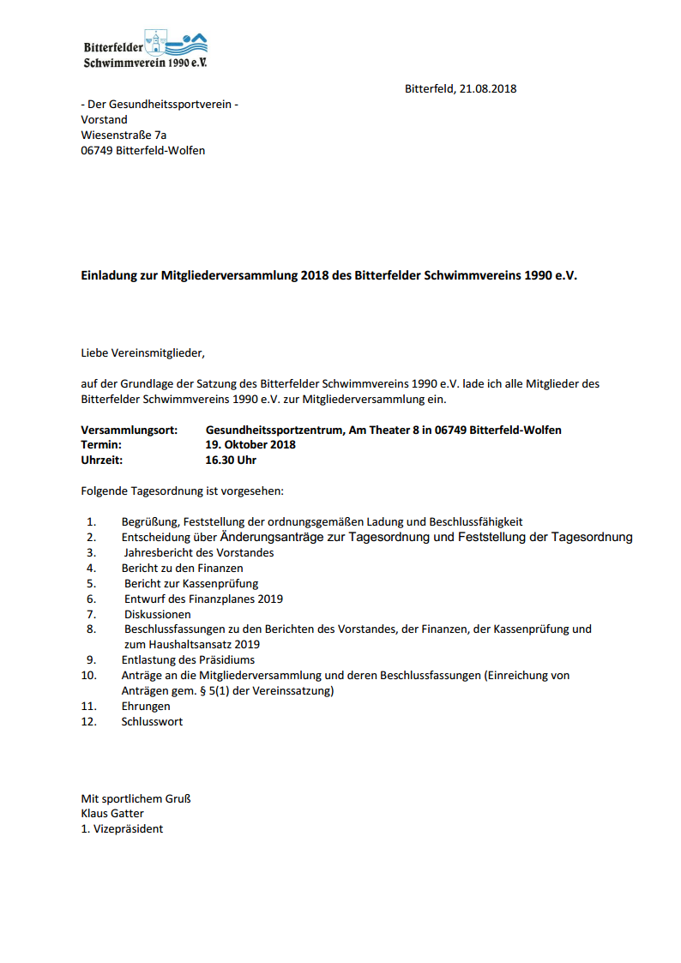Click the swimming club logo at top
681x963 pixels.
pyautogui.click(x=146, y=48)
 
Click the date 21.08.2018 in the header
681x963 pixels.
pyautogui.click(x=488, y=88)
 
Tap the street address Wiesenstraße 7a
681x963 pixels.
pyautogui.click(x=124, y=135)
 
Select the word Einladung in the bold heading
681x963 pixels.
pyautogui.click(x=109, y=277)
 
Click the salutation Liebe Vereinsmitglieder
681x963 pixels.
pyautogui.click(x=143, y=352)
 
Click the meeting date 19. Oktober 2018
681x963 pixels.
pyautogui.click(x=250, y=445)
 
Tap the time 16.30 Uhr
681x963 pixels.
pyautogui.click(x=231, y=460)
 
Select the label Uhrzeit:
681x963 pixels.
pyautogui.click(x=102, y=460)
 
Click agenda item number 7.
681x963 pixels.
pyautogui.click(x=91, y=614)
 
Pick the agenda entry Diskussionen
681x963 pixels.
pyautogui.click(x=158, y=614)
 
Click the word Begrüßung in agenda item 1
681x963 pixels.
pyautogui.click(x=149, y=521)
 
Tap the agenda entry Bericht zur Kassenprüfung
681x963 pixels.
pyautogui.click(x=191, y=583)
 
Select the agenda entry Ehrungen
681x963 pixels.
pyautogui.click(x=146, y=706)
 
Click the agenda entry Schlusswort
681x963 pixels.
pyautogui.click(x=152, y=721)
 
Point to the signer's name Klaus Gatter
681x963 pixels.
pyautogui.click(x=112, y=813)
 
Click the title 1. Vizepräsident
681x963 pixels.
pyautogui.click(x=122, y=828)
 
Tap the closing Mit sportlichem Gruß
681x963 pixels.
pyautogui.click(x=136, y=798)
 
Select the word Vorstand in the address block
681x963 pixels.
pyautogui.click(x=104, y=120)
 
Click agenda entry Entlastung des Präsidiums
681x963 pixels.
pyautogui.click(x=188, y=659)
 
